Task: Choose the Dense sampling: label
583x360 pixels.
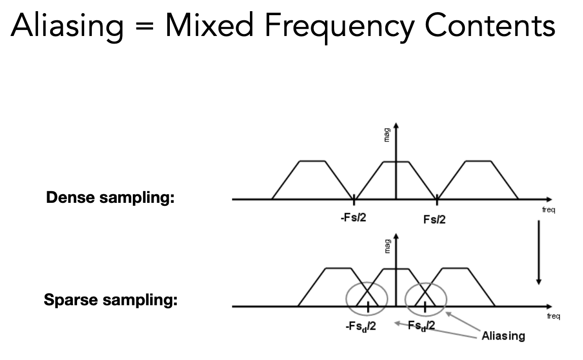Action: [x=110, y=198]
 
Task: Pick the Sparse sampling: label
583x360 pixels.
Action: [x=111, y=301]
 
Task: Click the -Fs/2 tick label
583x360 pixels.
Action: [x=353, y=219]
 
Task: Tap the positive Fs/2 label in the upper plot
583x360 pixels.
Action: [x=434, y=220]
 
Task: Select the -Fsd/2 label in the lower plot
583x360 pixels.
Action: [x=361, y=327]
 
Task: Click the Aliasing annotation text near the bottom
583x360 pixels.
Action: [x=503, y=336]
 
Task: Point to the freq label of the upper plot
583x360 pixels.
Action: [x=548, y=209]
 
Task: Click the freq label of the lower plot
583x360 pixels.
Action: [x=554, y=316]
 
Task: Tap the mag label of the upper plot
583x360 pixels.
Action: [x=387, y=136]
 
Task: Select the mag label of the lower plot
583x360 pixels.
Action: [x=387, y=245]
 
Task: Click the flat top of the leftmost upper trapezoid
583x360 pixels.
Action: [x=313, y=161]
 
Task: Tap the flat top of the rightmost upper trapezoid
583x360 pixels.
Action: [x=478, y=161]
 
